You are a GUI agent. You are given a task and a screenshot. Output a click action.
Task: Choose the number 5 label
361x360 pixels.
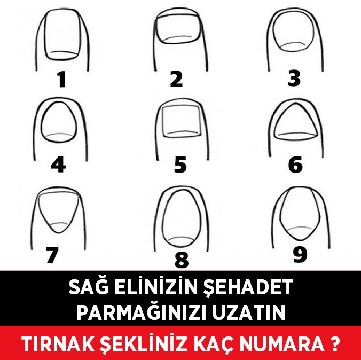point(180,165)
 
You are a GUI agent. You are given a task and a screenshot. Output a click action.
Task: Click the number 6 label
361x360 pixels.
point(295,165)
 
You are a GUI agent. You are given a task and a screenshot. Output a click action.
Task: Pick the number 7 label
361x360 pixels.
point(52,255)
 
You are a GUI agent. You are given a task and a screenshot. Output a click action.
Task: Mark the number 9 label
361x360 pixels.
point(301,254)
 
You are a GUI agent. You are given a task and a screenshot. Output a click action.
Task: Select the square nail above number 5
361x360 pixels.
point(180,121)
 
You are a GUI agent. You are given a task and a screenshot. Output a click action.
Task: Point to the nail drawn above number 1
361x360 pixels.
point(62,37)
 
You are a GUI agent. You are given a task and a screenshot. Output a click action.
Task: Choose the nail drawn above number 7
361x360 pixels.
point(54,211)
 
